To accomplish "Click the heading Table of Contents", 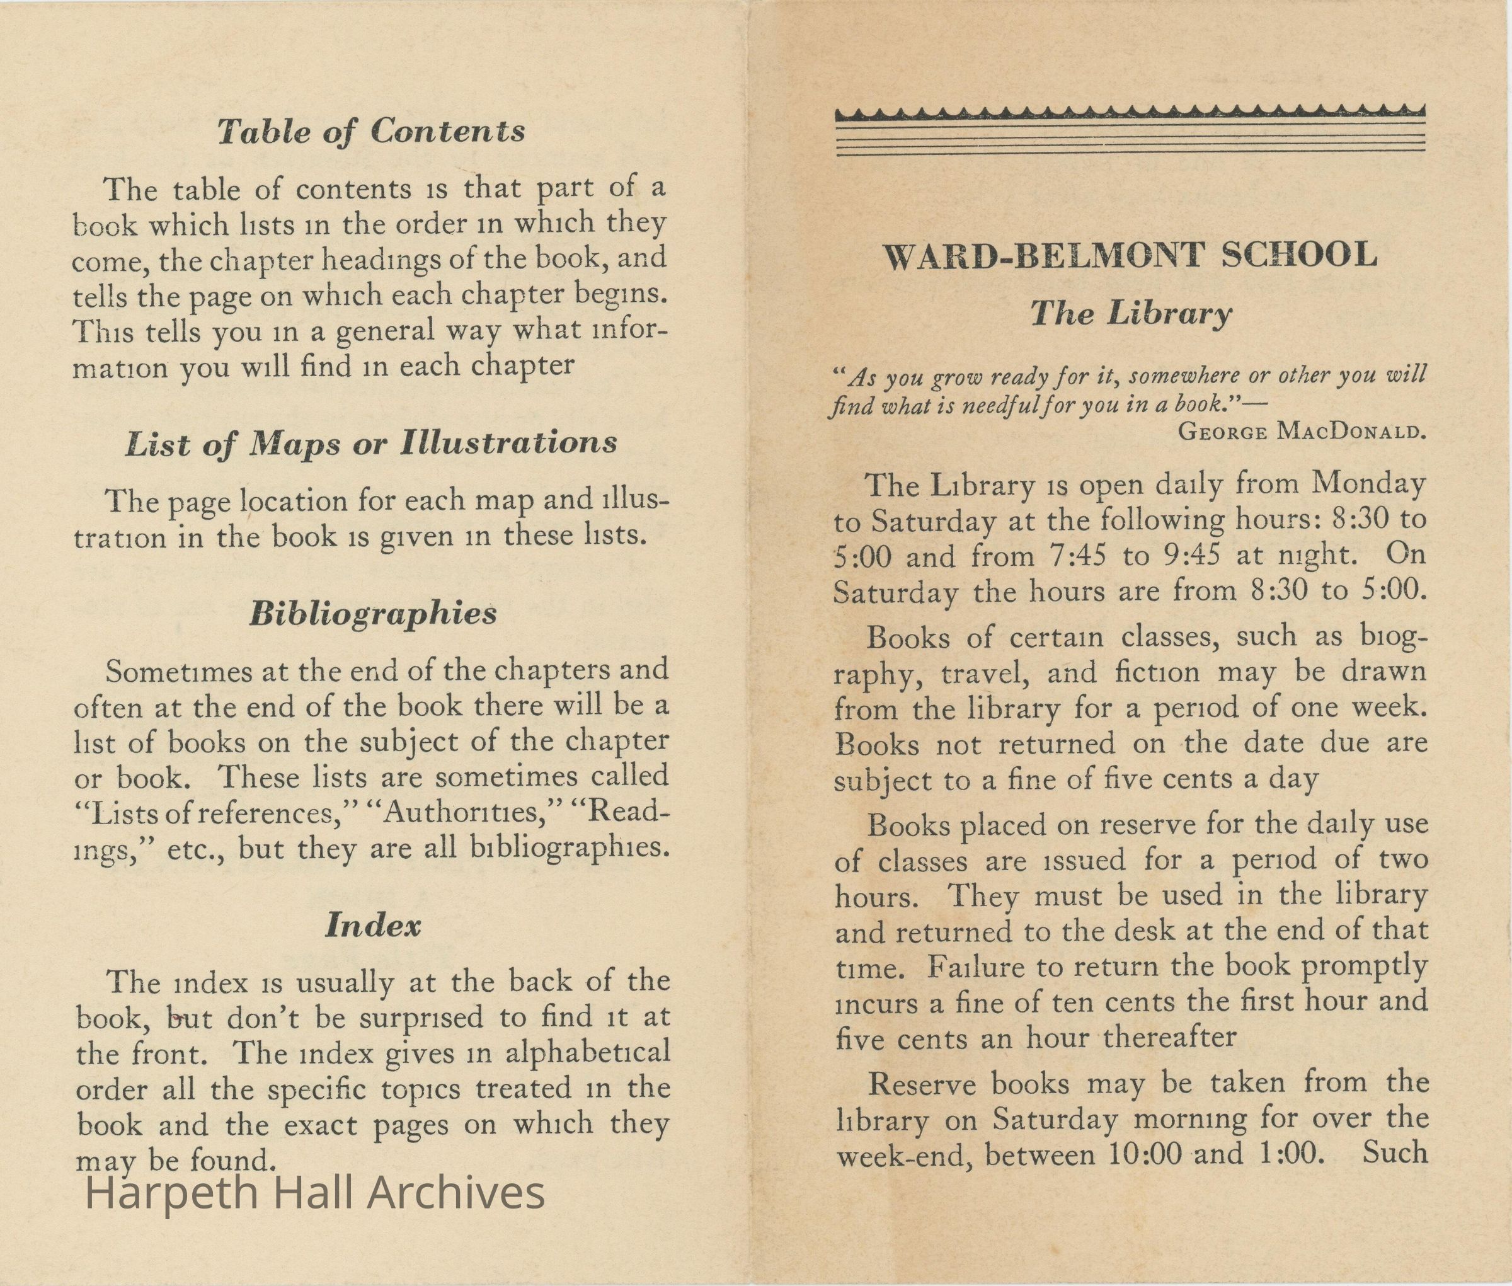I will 371,131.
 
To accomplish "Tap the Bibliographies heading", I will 372,614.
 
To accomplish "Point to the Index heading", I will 372,925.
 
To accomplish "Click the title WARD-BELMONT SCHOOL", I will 1129,256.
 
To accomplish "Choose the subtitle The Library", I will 1131,314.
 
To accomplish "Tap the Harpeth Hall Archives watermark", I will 315,1193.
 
